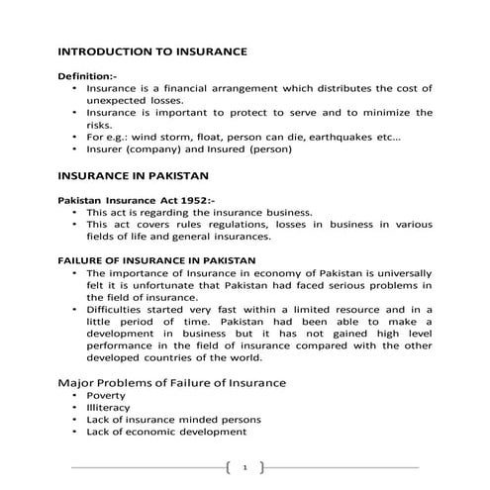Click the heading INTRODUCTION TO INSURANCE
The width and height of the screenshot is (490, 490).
tap(151, 50)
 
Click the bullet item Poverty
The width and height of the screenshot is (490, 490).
tap(107, 396)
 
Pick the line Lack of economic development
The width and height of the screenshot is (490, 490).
tap(166, 432)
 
